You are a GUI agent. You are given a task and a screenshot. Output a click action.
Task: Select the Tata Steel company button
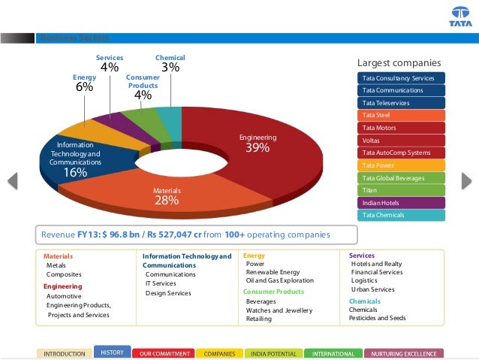(x=402, y=116)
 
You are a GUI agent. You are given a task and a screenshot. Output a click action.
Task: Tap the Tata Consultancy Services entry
(x=402, y=78)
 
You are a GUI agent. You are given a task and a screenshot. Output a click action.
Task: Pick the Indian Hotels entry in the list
(x=402, y=203)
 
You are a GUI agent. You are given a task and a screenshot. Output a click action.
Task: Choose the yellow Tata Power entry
(x=402, y=165)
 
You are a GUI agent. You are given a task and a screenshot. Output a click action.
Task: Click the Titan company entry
(x=402, y=190)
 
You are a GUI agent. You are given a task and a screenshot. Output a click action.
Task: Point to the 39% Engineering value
(x=258, y=148)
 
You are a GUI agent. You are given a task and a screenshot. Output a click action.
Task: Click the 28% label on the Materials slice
(x=167, y=201)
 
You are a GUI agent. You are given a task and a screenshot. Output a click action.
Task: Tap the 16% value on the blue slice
(x=75, y=172)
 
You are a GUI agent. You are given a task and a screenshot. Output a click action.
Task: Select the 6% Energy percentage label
(x=84, y=87)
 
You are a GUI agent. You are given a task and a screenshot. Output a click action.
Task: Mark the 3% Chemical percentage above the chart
(x=170, y=68)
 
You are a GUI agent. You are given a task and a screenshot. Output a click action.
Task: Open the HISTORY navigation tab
(x=112, y=352)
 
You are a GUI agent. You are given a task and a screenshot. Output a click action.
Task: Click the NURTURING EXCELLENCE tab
(x=404, y=353)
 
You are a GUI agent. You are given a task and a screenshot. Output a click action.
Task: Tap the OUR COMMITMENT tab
(x=162, y=353)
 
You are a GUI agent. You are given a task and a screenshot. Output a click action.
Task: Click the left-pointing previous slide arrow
(x=13, y=180)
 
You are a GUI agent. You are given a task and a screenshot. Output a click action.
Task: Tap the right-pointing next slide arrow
(x=465, y=180)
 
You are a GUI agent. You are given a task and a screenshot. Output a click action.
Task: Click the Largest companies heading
(x=398, y=62)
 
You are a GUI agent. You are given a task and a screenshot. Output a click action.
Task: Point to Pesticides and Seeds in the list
(x=377, y=318)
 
